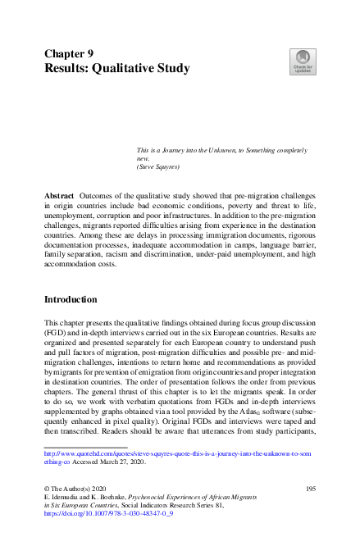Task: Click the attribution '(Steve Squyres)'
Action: pyautogui.click(x=160, y=168)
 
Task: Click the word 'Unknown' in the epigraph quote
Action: pyautogui.click(x=234, y=152)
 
